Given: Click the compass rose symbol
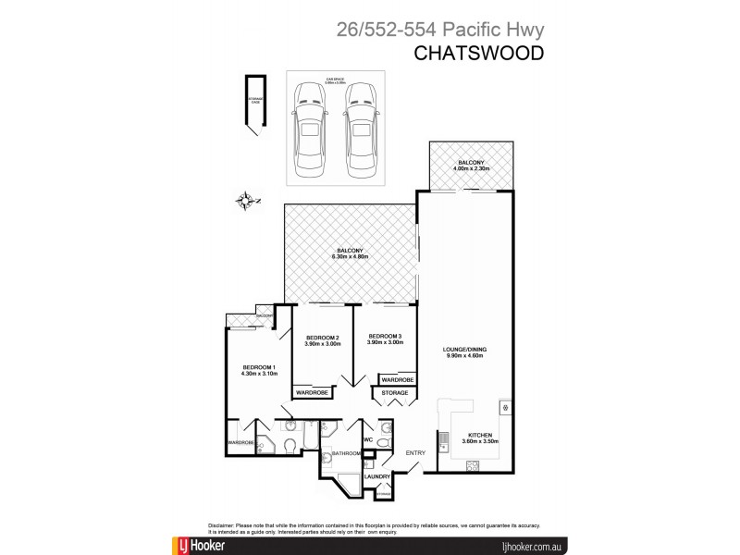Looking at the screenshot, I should click(x=244, y=199).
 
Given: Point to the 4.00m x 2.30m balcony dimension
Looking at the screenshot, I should click(x=469, y=168).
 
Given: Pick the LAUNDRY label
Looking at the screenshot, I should click(x=376, y=476).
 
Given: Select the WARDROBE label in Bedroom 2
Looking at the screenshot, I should click(x=311, y=393).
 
